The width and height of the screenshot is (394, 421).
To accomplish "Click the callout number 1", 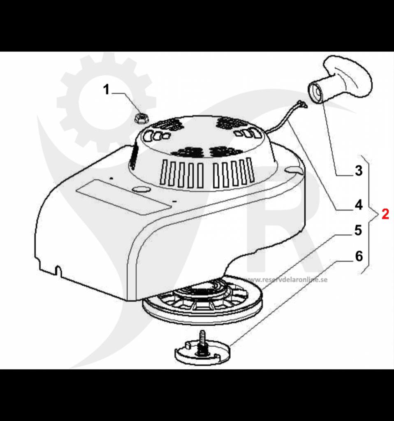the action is click(107, 89).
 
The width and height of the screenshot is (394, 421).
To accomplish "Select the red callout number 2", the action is click(385, 214).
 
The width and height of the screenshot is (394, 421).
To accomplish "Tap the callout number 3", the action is click(359, 171).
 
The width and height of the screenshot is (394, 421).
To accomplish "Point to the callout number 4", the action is click(359, 205).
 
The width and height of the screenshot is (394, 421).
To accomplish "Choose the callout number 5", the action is click(358, 230).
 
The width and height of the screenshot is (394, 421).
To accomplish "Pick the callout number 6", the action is click(359, 256).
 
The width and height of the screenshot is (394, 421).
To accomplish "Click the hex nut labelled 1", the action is click(141, 118).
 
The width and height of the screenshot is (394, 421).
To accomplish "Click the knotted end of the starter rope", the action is click(303, 104).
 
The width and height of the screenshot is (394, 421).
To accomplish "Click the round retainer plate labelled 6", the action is click(202, 352).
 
